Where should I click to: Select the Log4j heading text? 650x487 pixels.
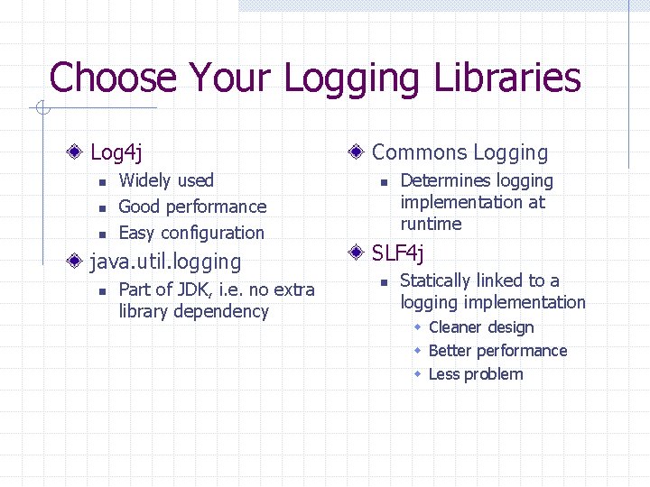click(116, 152)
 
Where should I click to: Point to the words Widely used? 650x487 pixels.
click(166, 181)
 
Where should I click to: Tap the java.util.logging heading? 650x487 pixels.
click(166, 262)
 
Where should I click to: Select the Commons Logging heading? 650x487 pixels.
click(460, 153)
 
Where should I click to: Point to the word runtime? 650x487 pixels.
click(431, 225)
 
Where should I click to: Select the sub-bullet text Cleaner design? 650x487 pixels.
click(481, 327)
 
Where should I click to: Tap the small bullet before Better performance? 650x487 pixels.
click(418, 351)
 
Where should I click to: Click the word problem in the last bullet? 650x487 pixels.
click(493, 374)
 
